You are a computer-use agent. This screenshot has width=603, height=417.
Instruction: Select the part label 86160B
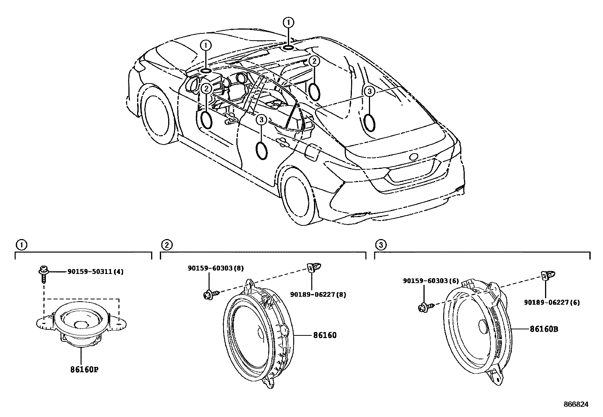tap(544, 329)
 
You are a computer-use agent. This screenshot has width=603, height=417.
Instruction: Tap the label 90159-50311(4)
tap(95, 272)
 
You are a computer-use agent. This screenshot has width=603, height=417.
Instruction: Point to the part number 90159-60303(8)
tap(216, 268)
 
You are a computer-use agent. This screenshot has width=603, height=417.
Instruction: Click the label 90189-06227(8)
tap(318, 294)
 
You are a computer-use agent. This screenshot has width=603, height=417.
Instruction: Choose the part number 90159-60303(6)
tap(431, 281)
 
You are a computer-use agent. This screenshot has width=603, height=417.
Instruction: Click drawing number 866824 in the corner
tap(576, 404)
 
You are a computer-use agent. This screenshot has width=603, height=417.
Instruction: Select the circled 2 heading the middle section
tap(166, 245)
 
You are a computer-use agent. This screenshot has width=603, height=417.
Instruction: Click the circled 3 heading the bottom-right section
tap(381, 245)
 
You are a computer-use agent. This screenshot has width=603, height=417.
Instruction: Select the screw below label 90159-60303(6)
tap(424, 308)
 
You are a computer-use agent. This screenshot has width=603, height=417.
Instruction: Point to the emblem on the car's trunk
tap(414, 157)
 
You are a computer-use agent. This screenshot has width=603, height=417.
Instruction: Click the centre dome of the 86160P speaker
tap(81, 325)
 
